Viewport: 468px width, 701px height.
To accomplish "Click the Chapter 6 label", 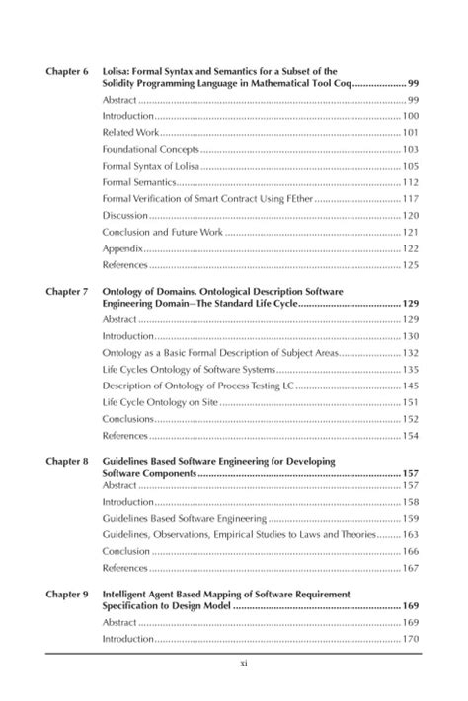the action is coord(67,72).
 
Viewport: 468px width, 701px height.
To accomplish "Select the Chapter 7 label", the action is coord(67,293).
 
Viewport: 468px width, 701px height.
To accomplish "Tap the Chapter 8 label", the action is coord(67,461).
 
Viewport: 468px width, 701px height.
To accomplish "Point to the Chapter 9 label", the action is coord(67,596).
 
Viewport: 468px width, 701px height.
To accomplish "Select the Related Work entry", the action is coord(128,133).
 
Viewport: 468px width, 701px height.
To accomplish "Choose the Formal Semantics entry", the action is coord(136,183).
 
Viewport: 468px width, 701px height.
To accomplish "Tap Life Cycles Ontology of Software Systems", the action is coord(183,370).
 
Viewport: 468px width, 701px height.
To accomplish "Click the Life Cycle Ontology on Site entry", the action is coord(159,403).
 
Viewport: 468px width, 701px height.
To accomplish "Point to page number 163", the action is coord(411,535).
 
